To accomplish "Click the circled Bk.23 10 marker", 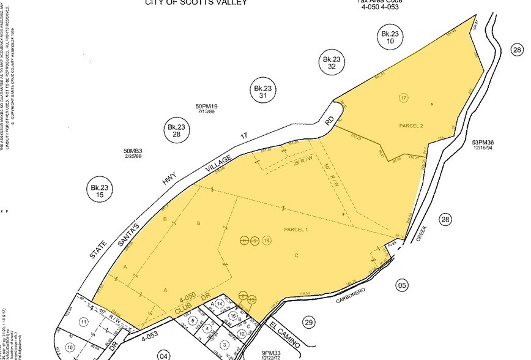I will coord(390,38).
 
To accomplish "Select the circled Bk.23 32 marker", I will coord(331,62).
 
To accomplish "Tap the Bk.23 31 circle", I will coord(263,92).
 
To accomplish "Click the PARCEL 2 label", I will coord(412,126).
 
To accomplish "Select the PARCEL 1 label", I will coord(295,229).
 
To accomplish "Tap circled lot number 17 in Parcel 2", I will coord(403,98).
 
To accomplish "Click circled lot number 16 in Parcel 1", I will coord(265,241).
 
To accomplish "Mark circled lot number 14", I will coord(220,304).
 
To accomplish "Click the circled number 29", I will coord(308,322).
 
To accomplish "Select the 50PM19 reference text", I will coord(207,107).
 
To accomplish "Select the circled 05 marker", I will coord(402,284).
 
